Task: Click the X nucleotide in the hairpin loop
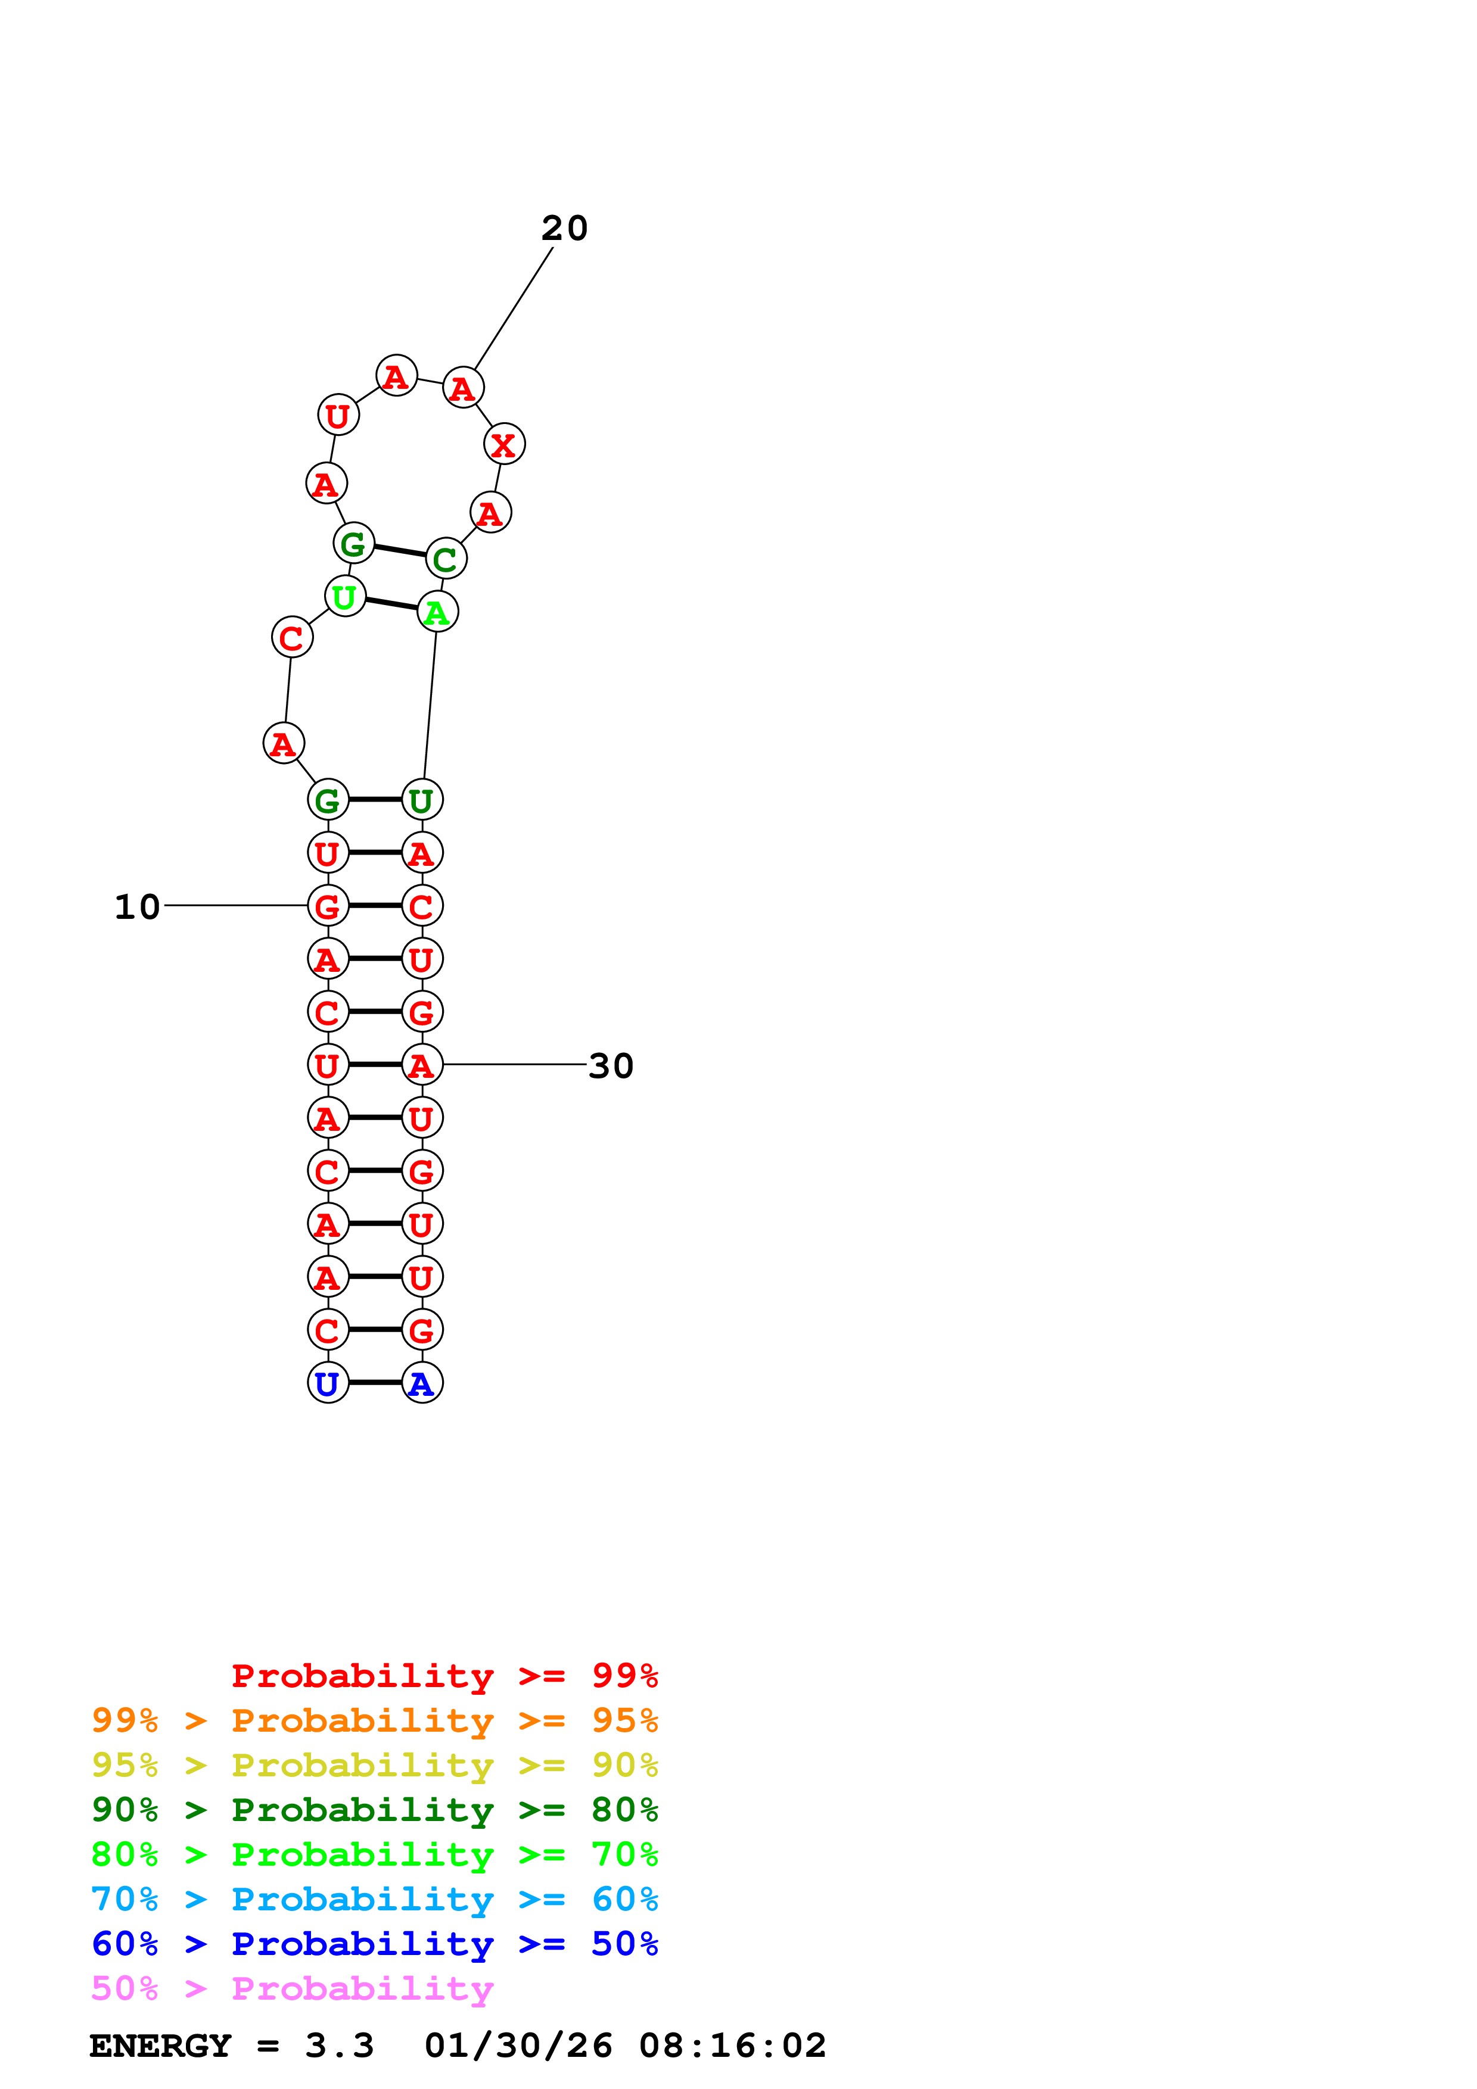(x=504, y=444)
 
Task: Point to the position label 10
(x=138, y=906)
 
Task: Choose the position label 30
(x=611, y=1065)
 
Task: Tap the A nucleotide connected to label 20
(x=463, y=388)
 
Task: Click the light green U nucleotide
(x=345, y=597)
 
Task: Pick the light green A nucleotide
(x=438, y=612)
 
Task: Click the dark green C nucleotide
(x=446, y=559)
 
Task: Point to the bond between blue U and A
(x=375, y=1383)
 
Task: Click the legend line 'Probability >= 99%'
(x=444, y=1676)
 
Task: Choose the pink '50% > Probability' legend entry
(x=292, y=1989)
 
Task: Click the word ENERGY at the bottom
(x=160, y=2046)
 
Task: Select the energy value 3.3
(x=340, y=2046)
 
